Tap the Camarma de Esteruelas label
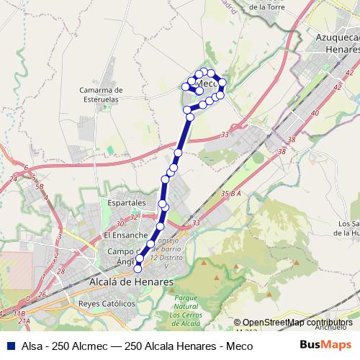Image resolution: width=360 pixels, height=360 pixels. (x=102, y=94)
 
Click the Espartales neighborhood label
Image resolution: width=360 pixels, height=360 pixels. (x=127, y=204)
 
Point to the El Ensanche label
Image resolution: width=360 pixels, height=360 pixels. (x=125, y=235)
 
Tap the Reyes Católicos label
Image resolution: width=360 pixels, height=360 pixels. (x=107, y=303)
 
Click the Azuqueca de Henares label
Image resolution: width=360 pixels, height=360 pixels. (x=332, y=43)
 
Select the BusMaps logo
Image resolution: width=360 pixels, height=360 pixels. (x=330, y=346)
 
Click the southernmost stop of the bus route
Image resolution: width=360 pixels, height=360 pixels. (x=138, y=269)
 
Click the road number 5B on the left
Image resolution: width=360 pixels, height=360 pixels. (x=41, y=186)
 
